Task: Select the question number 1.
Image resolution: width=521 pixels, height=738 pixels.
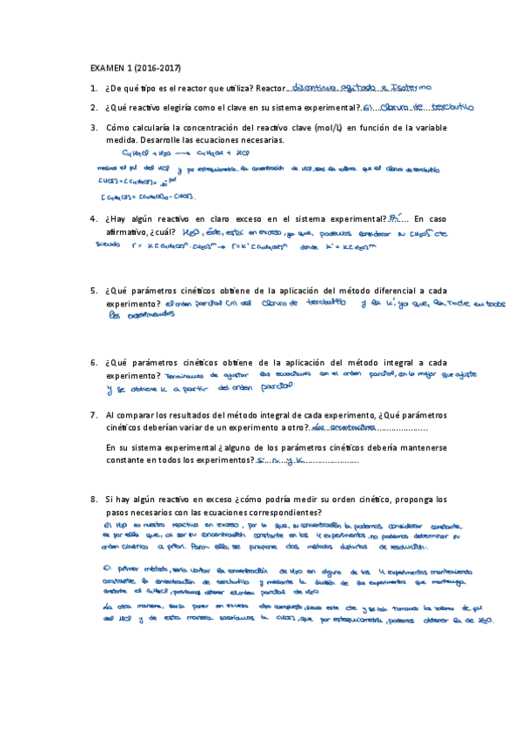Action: click(93, 89)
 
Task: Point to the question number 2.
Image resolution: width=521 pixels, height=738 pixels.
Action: click(93, 108)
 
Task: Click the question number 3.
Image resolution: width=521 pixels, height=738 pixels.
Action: click(93, 128)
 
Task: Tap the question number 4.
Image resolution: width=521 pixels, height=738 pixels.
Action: click(93, 219)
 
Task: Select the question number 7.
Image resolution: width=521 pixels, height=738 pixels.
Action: click(93, 416)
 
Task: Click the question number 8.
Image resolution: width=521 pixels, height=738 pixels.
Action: click(93, 500)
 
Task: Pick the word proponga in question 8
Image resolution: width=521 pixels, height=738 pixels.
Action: click(405, 500)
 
